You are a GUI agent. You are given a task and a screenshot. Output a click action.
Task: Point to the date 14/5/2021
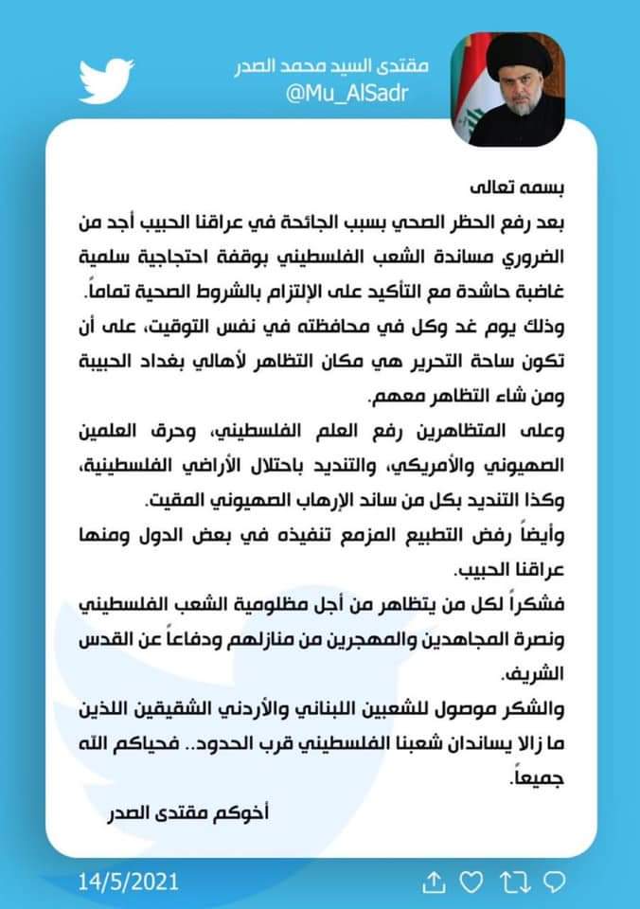pyautogui.click(x=129, y=882)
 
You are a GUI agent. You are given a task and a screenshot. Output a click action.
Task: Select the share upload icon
pyautogui.click(x=433, y=882)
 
